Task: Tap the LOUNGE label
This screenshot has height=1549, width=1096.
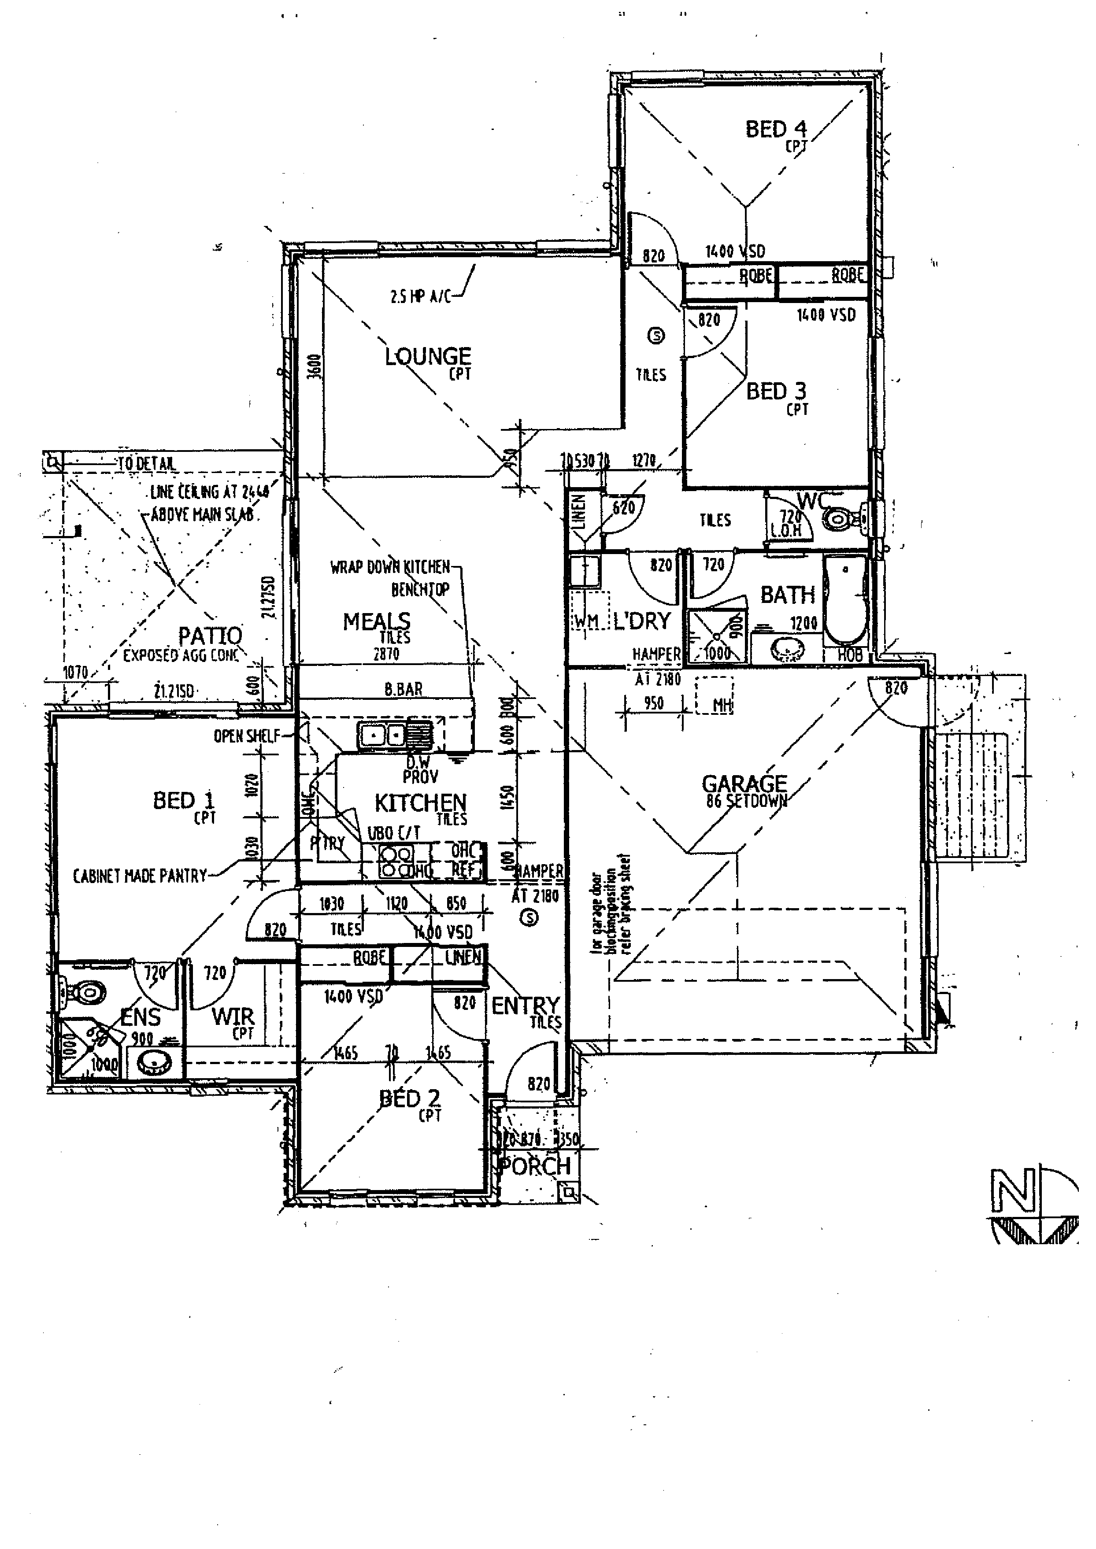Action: tap(428, 356)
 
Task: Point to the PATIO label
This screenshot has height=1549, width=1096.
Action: tap(210, 636)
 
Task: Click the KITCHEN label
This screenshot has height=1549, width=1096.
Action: tap(420, 803)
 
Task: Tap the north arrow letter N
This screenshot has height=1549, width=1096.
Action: tap(1012, 1190)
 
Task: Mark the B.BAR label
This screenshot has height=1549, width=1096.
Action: tap(404, 689)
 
